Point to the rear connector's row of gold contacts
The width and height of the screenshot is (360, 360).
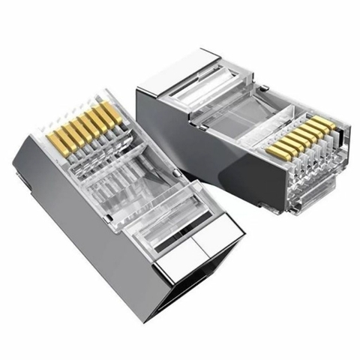click(298, 138)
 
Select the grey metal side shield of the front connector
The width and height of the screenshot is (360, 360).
click(82, 225)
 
